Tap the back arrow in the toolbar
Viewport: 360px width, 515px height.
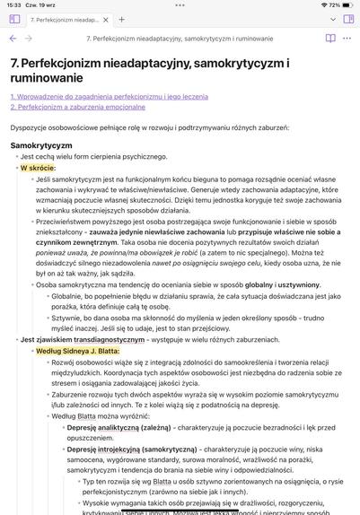(13, 39)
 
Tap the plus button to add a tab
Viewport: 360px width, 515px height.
(122, 19)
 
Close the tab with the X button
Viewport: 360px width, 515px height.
(105, 19)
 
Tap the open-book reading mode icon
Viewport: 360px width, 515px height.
(330, 39)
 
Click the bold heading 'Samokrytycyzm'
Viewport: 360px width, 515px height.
(41, 144)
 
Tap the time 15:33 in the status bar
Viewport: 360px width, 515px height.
(13, 4)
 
